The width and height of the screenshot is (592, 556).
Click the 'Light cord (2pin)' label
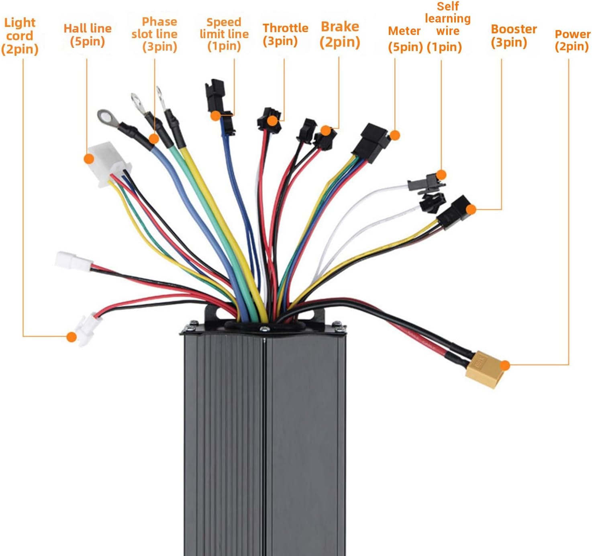point(20,36)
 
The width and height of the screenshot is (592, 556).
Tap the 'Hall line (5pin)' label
point(88,35)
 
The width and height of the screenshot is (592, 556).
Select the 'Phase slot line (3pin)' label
point(155,34)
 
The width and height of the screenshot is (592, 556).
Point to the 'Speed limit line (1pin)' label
point(224,34)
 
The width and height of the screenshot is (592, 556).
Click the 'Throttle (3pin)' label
point(285,35)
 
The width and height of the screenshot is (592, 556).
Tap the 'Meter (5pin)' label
point(405,39)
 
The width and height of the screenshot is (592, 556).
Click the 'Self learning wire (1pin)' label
point(447,27)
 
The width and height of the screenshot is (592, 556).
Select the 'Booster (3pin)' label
point(513,35)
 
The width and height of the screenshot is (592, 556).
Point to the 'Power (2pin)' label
point(572,40)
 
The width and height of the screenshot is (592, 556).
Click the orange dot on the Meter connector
point(395,135)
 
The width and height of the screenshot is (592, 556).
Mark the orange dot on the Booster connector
point(471,209)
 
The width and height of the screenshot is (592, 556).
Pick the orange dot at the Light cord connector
point(71,337)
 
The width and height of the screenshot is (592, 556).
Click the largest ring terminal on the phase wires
point(108,118)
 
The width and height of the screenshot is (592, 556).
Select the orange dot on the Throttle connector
point(273,121)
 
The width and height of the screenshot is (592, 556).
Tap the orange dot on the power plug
point(505,365)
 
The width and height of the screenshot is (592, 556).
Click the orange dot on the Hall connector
point(89,159)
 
